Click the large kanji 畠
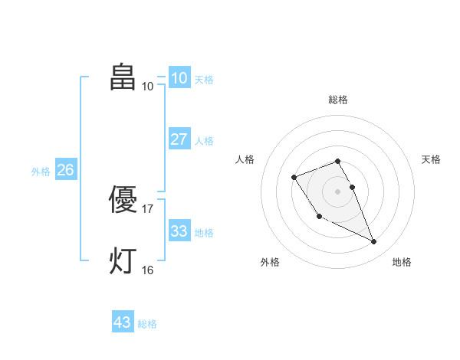(x=123, y=77)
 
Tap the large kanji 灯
(x=123, y=261)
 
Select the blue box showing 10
(x=179, y=78)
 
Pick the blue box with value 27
(x=179, y=139)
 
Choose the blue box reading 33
(x=179, y=231)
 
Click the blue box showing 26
(x=65, y=170)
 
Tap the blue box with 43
(x=123, y=322)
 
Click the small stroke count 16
(x=148, y=270)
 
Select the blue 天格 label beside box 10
(x=204, y=80)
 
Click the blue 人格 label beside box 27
(x=204, y=141)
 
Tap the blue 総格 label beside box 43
(x=147, y=324)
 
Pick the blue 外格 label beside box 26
(x=41, y=172)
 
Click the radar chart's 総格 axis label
(x=337, y=100)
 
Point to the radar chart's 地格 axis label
(x=402, y=262)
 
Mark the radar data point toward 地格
(x=374, y=242)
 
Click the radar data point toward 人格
(x=294, y=178)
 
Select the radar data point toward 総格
(x=337, y=161)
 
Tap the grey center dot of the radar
(x=337, y=191)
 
